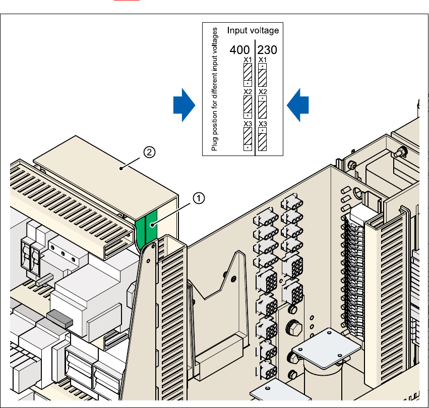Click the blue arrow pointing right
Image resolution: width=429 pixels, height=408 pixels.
pos(184,105)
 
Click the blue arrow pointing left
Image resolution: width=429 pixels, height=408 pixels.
pos(297,105)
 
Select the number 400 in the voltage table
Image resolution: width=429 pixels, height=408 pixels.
pos(240,50)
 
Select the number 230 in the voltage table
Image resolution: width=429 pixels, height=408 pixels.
pos(268,50)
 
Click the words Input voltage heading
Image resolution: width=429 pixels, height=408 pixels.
pos(253,31)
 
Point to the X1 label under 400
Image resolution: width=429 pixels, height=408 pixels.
pos(248,60)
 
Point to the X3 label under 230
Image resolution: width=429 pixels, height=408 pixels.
pos(263,124)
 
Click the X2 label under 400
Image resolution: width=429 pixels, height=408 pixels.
pos(248,92)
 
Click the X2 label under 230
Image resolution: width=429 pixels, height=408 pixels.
pos(263,92)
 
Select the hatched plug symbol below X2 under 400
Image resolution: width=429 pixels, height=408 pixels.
pos(248,107)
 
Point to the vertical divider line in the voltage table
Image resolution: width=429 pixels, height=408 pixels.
pos(255,96)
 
